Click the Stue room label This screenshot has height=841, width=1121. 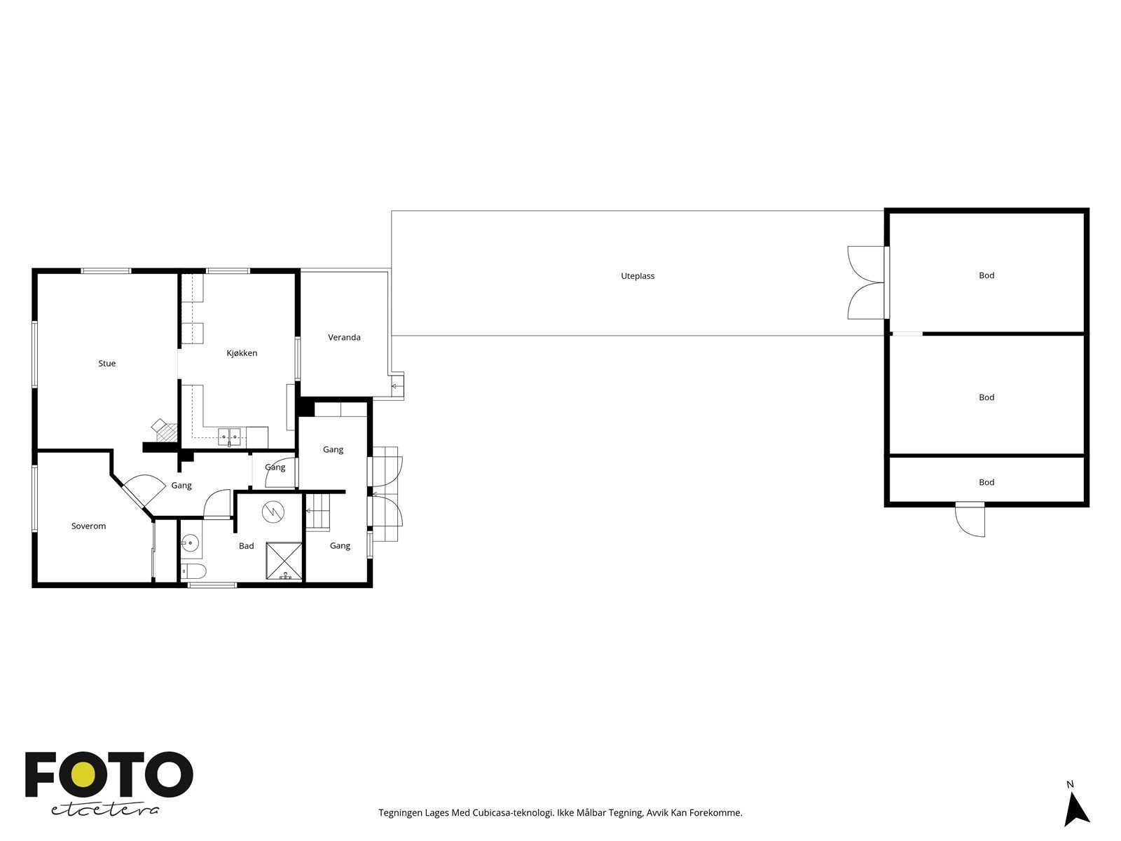[x=106, y=363]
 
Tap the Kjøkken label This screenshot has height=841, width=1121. [x=242, y=353]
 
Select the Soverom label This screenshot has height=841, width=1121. [x=88, y=526]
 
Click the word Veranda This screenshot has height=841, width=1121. [x=344, y=338]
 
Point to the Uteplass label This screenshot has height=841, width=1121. [x=637, y=276]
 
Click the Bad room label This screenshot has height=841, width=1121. [x=246, y=546]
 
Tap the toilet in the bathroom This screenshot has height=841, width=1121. [x=194, y=571]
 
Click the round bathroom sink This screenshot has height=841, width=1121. [x=190, y=542]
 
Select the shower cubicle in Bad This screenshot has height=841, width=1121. [x=284, y=561]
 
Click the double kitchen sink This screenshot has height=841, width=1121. [x=230, y=437]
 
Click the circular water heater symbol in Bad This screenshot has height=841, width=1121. [x=271, y=512]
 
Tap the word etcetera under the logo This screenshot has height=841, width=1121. [x=105, y=809]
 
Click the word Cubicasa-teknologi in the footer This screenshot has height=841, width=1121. [x=507, y=813]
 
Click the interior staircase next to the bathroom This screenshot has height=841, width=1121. [x=318, y=511]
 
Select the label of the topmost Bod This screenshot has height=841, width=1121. [x=986, y=275]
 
